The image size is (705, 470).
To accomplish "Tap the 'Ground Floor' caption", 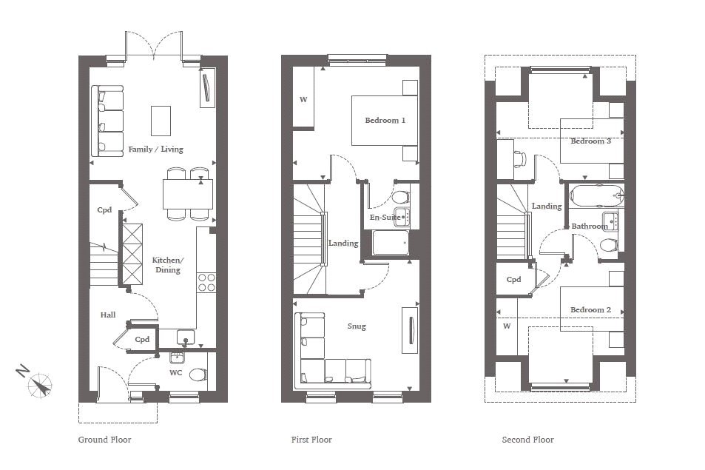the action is click(x=105, y=440).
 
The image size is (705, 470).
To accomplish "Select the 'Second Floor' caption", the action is click(x=528, y=440).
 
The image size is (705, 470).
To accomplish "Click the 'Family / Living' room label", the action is click(x=155, y=150).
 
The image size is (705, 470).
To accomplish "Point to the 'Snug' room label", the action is click(x=357, y=326).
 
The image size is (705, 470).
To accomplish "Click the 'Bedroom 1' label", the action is click(x=385, y=121).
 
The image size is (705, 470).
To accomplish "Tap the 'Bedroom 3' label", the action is click(x=591, y=141).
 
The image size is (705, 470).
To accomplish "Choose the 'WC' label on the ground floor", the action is click(x=176, y=373).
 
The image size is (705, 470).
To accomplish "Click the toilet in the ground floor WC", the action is click(x=198, y=375).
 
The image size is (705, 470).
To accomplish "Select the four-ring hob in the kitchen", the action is click(x=206, y=283).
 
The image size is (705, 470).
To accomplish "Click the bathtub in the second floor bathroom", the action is click(x=597, y=195).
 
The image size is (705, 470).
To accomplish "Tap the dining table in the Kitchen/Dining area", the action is click(x=188, y=194).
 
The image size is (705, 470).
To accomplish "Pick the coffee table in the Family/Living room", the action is click(x=161, y=121).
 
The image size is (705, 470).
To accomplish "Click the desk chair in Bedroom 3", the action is click(x=520, y=159).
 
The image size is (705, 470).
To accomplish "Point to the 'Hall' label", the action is click(x=108, y=315).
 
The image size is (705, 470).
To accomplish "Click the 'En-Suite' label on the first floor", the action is click(x=385, y=217).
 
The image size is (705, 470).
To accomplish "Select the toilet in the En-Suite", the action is click(x=401, y=197).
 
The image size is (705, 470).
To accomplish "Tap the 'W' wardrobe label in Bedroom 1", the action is click(x=303, y=99).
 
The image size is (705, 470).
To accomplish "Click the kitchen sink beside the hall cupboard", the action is click(x=185, y=337).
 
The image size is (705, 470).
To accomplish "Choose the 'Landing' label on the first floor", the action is click(x=343, y=244).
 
